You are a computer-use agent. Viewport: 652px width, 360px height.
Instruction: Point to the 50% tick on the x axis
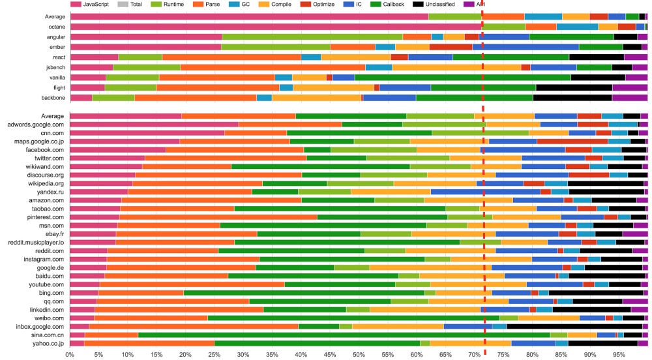[x=359, y=355]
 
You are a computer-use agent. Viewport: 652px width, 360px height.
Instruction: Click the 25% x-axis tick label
[x=215, y=355]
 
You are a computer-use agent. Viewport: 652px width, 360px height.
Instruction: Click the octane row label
[x=53, y=26]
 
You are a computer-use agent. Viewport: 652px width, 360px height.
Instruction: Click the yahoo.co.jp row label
[x=44, y=343]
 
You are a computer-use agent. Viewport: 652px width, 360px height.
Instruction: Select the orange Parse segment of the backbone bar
[x=195, y=98]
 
